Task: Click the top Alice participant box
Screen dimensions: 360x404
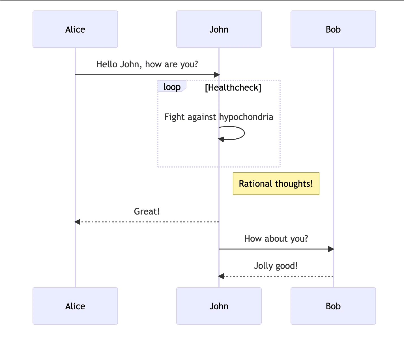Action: pos(75,29)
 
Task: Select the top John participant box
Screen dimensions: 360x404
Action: pos(219,29)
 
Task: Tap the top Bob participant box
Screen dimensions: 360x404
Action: pos(333,29)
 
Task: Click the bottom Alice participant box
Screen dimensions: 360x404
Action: pos(75,306)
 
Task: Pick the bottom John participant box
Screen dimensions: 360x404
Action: pos(219,306)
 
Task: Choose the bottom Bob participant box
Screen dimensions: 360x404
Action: pos(333,306)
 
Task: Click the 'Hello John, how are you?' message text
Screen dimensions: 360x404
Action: pos(147,65)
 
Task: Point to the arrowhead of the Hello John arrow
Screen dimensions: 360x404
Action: pos(217,75)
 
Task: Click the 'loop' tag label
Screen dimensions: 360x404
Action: pos(172,87)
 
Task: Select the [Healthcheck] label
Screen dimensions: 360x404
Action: pos(233,87)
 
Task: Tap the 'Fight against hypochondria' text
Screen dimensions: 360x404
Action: pos(219,117)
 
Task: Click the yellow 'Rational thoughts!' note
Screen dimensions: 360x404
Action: pos(276,184)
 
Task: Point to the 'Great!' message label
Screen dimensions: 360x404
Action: pos(147,211)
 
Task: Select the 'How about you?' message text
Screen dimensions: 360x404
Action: pos(276,239)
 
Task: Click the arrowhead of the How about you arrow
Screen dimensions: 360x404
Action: pos(331,249)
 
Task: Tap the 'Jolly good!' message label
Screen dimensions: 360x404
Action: pos(276,266)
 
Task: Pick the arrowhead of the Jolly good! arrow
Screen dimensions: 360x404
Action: pos(221,276)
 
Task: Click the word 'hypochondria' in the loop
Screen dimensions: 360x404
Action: pos(246,117)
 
